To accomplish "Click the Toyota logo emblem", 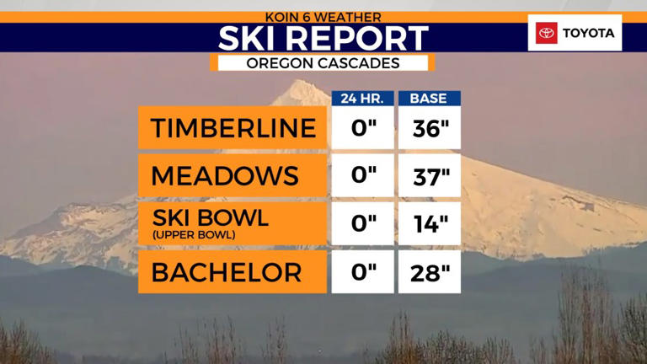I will (x=547, y=33).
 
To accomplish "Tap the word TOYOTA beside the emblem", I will (x=588, y=33).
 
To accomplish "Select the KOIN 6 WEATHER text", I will (x=323, y=16).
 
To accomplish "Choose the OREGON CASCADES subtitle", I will (x=323, y=63).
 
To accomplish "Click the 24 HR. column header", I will (x=362, y=99).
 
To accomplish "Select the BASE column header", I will (x=428, y=99).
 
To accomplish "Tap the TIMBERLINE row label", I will (x=233, y=128).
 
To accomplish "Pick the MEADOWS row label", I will (x=225, y=176).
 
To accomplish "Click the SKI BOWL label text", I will (x=210, y=217).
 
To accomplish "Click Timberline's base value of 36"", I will (x=429, y=128).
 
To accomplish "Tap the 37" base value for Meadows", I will (x=429, y=176).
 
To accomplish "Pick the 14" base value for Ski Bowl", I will (x=429, y=223).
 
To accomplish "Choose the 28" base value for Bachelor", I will (x=429, y=272).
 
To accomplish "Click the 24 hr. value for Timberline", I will (x=362, y=128).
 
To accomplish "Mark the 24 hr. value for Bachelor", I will (x=362, y=272).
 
